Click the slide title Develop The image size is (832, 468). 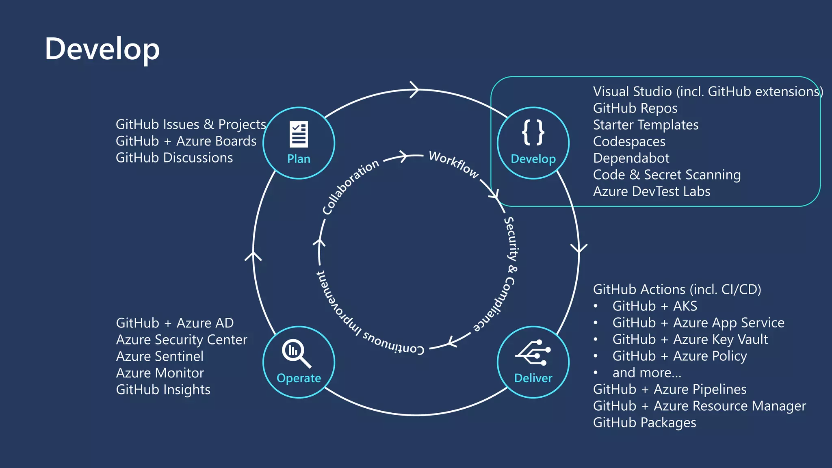pyautogui.click(x=102, y=49)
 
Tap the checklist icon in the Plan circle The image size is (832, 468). pyautogui.click(x=299, y=134)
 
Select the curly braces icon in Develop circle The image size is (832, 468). pyautogui.click(x=533, y=132)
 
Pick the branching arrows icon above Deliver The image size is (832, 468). pyautogui.click(x=533, y=353)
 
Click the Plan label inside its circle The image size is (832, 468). pyautogui.click(x=299, y=159)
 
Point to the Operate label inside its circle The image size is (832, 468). pyautogui.click(x=299, y=378)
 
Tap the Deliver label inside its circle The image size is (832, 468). pyautogui.click(x=533, y=378)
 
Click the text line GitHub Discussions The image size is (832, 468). pyautogui.click(x=174, y=158)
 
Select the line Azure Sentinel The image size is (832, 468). pyautogui.click(x=160, y=356)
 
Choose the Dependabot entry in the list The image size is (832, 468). pyautogui.click(x=631, y=158)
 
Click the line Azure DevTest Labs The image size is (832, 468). pyautogui.click(x=652, y=191)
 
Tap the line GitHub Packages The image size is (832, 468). pyautogui.click(x=644, y=422)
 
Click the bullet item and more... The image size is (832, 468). pyautogui.click(x=647, y=373)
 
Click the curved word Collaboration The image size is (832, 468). pyautogui.click(x=350, y=186)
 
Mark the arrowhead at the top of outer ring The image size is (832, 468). pyautogui.click(x=414, y=89)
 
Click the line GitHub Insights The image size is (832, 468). pyautogui.click(x=163, y=390)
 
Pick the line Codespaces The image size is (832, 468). pyautogui.click(x=629, y=141)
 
